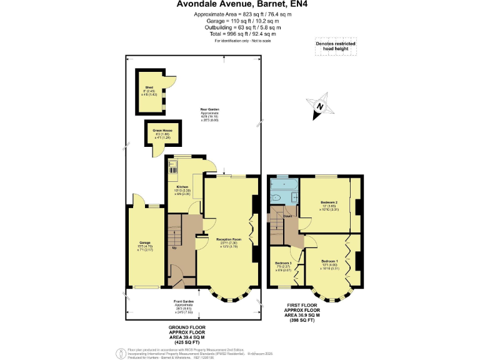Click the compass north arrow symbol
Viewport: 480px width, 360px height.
[x=319, y=106]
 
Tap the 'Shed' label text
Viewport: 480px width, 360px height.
[x=149, y=87]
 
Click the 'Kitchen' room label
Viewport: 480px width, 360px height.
[x=182, y=187]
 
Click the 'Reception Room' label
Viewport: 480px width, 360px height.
[x=229, y=239]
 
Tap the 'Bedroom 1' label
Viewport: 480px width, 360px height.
[x=330, y=261]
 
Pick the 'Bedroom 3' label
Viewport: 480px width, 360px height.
[x=283, y=263]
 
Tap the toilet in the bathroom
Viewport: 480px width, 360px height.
[x=275, y=197]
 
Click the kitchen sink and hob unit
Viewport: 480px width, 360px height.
[x=172, y=167]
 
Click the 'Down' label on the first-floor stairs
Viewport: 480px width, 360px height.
[x=287, y=216]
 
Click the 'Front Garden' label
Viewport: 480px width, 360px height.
[x=184, y=301]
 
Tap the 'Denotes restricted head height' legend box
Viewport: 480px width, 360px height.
[x=335, y=47]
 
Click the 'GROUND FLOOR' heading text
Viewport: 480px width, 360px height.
[x=187, y=327]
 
